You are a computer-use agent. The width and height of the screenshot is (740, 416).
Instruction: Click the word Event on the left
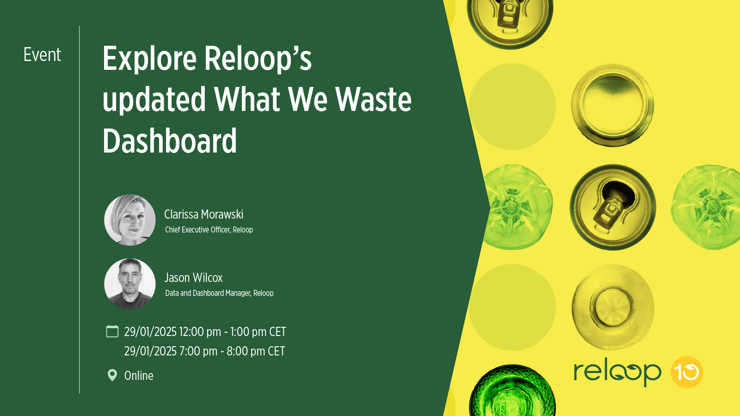click(x=42, y=55)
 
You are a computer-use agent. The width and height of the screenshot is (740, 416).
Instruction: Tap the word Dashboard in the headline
click(x=170, y=141)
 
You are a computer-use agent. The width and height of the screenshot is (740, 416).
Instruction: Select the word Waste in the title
click(x=373, y=99)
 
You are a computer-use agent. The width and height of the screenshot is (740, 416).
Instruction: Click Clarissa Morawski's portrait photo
click(x=130, y=220)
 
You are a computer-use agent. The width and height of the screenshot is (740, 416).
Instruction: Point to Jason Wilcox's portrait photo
click(x=130, y=284)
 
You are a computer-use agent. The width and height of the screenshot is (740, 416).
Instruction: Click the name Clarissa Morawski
click(x=203, y=214)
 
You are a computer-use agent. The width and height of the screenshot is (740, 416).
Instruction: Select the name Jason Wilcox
click(x=193, y=278)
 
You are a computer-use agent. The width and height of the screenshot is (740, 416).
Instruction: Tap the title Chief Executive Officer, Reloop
click(x=209, y=230)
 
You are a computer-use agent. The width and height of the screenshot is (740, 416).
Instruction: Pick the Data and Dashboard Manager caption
click(x=219, y=293)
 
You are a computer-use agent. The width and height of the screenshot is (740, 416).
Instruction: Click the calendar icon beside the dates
click(x=112, y=331)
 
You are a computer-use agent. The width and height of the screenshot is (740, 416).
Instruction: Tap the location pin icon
click(x=112, y=375)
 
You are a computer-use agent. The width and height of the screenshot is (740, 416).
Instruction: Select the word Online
click(x=139, y=376)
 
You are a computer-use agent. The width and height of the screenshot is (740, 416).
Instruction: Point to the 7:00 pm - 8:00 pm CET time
click(x=232, y=351)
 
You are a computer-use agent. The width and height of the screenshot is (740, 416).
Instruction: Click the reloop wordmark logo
click(x=617, y=372)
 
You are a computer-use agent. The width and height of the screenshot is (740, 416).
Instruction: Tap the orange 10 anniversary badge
click(x=687, y=372)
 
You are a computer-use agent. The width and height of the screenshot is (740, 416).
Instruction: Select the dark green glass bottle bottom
click(x=512, y=393)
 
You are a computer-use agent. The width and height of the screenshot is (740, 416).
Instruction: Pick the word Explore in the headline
click(x=149, y=59)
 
